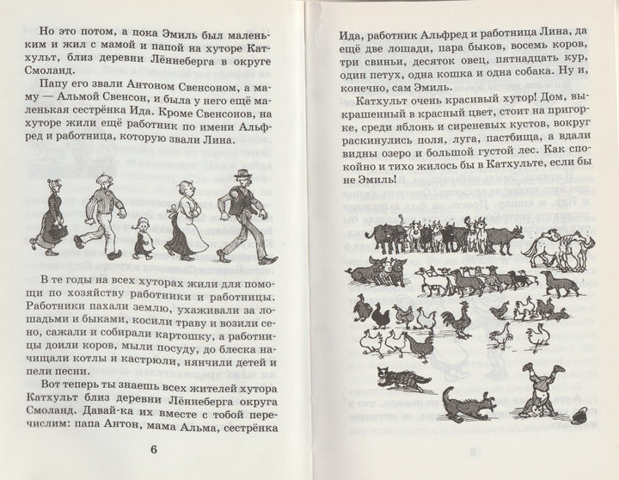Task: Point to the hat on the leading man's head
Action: pos(243,176)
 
